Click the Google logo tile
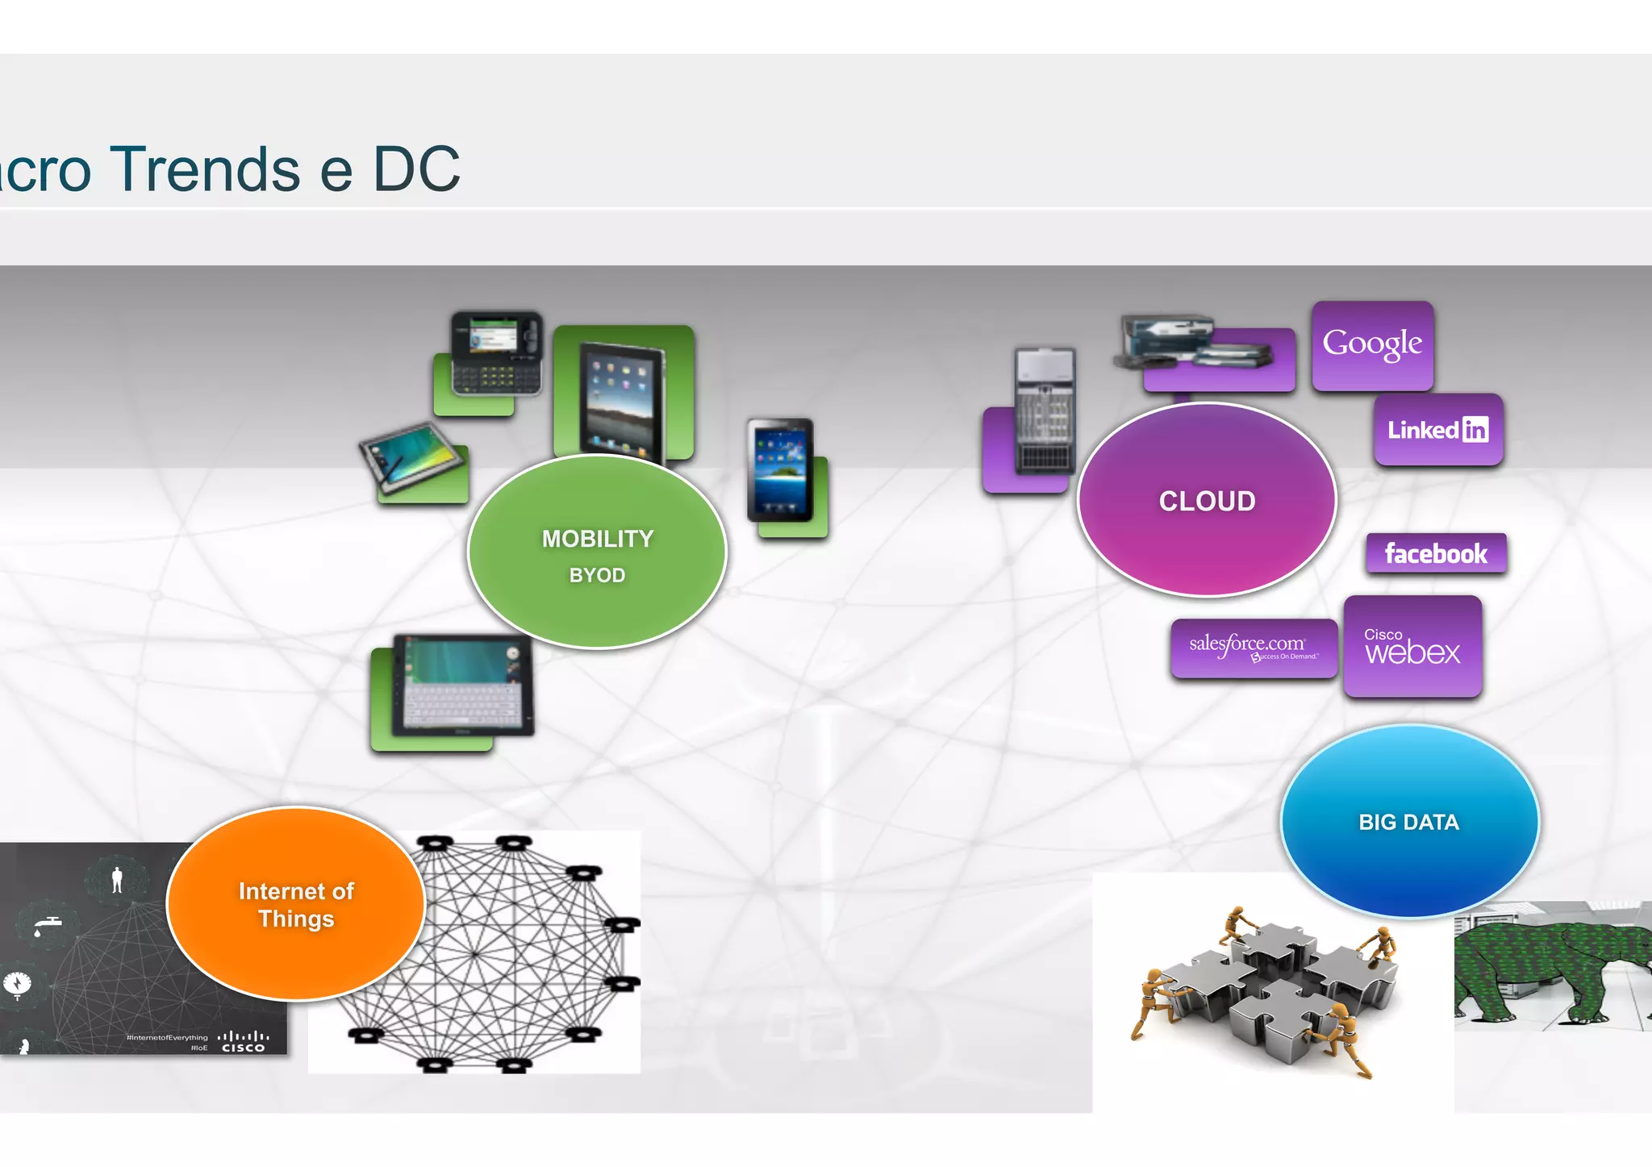[1372, 344]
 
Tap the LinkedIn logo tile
[1438, 430]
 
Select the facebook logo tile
[1436, 554]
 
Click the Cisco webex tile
[1412, 647]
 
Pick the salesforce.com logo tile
[1253, 648]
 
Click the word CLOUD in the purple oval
[1207, 501]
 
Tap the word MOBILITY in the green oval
[598, 539]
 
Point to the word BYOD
[597, 575]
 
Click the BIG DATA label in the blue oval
[1408, 822]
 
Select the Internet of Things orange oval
[296, 904]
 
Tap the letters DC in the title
[416, 169]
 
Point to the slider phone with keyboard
[495, 353]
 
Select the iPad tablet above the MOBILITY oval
[620, 401]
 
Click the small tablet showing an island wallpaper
[779, 469]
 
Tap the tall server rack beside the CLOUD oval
[1045, 411]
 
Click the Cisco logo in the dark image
[243, 1041]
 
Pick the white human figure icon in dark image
[118, 880]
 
